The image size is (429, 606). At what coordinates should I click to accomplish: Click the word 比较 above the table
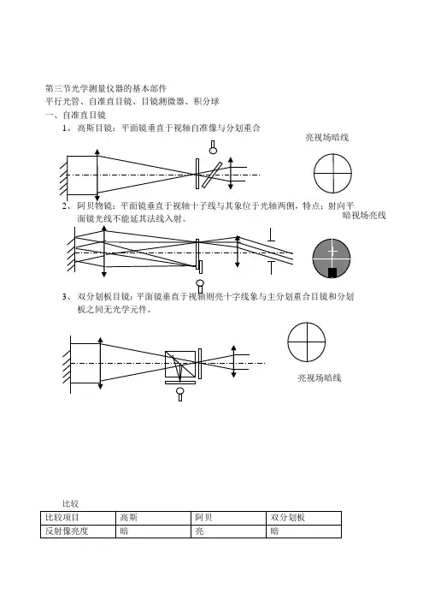click(x=71, y=503)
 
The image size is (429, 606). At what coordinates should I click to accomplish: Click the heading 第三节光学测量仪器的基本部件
click(x=106, y=88)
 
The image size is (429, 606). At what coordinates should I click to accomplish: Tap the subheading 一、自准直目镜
click(x=75, y=115)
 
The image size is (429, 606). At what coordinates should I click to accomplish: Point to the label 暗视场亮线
click(x=364, y=216)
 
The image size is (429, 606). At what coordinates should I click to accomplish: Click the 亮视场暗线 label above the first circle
click(x=327, y=137)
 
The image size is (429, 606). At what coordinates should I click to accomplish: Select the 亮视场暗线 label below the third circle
click(x=320, y=377)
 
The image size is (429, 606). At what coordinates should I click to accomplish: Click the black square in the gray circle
click(x=332, y=273)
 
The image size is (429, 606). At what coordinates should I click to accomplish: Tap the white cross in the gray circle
click(x=332, y=252)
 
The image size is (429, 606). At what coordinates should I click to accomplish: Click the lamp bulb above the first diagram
click(x=213, y=147)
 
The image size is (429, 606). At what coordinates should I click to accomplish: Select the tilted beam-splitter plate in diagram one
click(x=212, y=175)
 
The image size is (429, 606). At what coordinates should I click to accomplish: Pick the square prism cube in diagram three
click(x=180, y=364)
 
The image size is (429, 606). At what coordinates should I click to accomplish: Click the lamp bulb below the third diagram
click(x=180, y=394)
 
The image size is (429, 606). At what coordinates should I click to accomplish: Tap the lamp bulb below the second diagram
click(x=200, y=286)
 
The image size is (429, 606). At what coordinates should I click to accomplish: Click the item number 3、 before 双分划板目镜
click(x=68, y=297)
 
